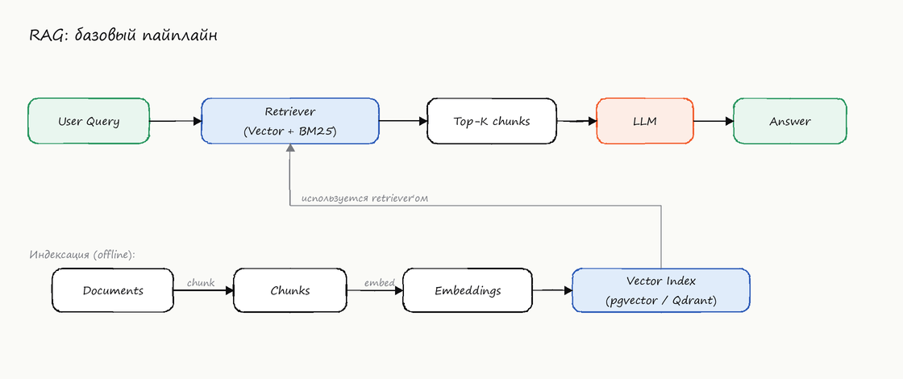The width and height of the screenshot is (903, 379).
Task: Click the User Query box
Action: tap(89, 121)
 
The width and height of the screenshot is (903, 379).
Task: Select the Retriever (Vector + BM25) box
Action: tap(290, 121)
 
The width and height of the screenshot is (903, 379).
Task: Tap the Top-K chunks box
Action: tap(492, 121)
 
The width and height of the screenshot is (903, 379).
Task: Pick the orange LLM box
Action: tap(645, 121)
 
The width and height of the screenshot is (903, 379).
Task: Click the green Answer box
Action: tap(790, 121)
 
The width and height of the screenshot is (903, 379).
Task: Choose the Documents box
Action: tap(113, 290)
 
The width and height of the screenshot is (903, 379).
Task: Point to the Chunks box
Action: tap(289, 290)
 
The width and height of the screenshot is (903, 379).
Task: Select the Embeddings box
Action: tap(468, 290)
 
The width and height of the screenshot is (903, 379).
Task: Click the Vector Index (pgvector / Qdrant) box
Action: tap(661, 290)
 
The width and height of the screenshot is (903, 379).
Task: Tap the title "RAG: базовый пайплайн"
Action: tap(123, 36)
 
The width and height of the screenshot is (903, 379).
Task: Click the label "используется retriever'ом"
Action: tap(364, 198)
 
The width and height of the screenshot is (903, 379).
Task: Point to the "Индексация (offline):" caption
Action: tap(81, 255)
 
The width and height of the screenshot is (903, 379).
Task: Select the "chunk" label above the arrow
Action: tap(201, 283)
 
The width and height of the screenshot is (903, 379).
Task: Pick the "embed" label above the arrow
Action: tap(380, 283)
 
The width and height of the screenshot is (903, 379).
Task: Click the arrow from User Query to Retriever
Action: tap(176, 121)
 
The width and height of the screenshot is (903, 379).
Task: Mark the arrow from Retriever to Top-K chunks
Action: tap(403, 121)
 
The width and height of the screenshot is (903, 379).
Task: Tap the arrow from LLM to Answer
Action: tap(714, 121)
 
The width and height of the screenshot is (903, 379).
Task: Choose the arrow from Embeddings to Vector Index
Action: tap(552, 291)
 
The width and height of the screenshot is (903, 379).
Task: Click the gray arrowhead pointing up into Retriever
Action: tap(290, 148)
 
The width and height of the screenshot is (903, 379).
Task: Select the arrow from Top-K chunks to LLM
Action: tap(576, 121)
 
